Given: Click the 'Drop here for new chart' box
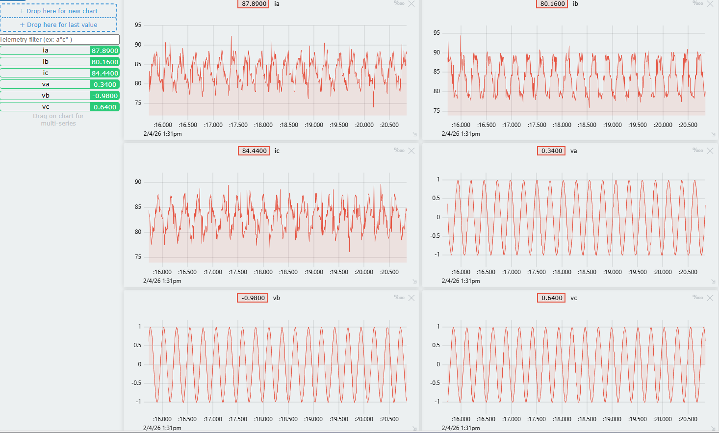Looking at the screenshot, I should pyautogui.click(x=58, y=11).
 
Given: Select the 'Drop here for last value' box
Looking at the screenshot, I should pyautogui.click(x=58, y=25).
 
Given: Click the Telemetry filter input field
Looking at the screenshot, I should pyautogui.click(x=59, y=39).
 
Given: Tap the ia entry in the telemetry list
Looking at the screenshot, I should pyautogui.click(x=46, y=51).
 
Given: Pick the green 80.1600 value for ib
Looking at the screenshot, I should pyautogui.click(x=104, y=62).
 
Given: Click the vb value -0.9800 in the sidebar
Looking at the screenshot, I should pyautogui.click(x=104, y=96).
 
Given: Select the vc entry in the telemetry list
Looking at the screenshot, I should pyautogui.click(x=46, y=107).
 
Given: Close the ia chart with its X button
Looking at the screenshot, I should pyautogui.click(x=411, y=4).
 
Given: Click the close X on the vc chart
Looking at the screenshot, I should pyautogui.click(x=710, y=298).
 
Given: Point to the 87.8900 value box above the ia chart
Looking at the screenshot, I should pyautogui.click(x=254, y=4).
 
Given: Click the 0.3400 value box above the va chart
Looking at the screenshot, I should pyautogui.click(x=551, y=151).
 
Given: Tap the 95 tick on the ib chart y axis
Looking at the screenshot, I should pyautogui.click(x=437, y=33).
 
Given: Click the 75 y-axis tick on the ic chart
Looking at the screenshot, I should pyautogui.click(x=138, y=257).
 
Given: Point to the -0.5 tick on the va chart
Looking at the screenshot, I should pyautogui.click(x=436, y=236).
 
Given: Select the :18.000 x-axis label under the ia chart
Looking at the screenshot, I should pyautogui.click(x=263, y=125).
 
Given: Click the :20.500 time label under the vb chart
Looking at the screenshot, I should pyautogui.click(x=389, y=419).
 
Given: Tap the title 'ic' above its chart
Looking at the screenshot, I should pyautogui.click(x=277, y=151).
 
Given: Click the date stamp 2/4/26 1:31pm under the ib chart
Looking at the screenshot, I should pyautogui.click(x=461, y=134).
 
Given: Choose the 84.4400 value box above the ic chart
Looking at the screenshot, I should pyautogui.click(x=254, y=151).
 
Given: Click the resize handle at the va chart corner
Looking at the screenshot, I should pyautogui.click(x=713, y=281).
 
